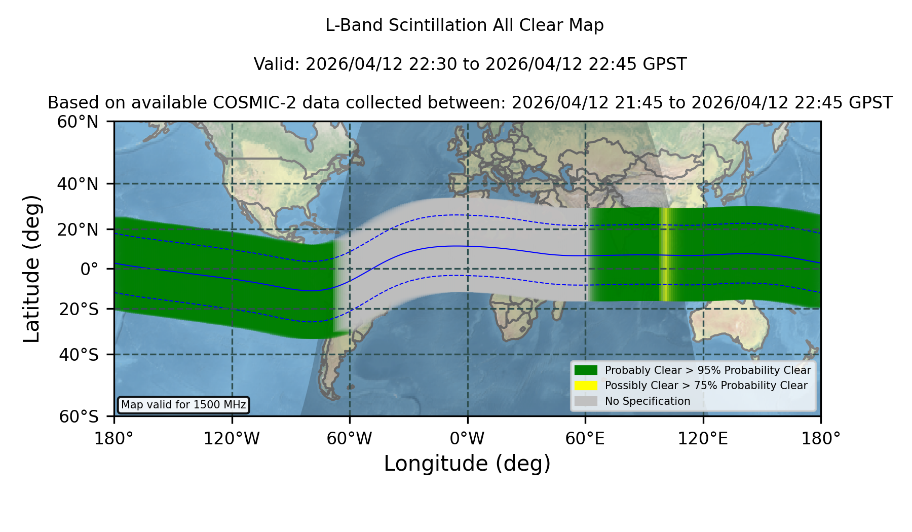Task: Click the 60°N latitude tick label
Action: [78, 122]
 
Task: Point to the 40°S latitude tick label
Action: [78, 355]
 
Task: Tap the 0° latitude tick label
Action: [89, 269]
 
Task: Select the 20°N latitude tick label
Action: [78, 230]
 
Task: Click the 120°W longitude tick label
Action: [232, 439]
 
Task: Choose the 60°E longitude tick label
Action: [585, 439]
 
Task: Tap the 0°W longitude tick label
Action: [467, 439]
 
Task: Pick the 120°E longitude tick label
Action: [703, 439]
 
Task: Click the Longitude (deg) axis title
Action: [467, 464]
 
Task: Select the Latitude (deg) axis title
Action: [32, 269]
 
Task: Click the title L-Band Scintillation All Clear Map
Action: [465, 25]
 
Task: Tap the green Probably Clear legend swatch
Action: [586, 370]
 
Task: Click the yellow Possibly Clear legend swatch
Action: [586, 386]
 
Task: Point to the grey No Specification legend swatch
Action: [586, 401]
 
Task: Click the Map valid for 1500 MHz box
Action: [183, 405]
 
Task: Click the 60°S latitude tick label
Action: [78, 416]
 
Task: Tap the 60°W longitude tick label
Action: [350, 439]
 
